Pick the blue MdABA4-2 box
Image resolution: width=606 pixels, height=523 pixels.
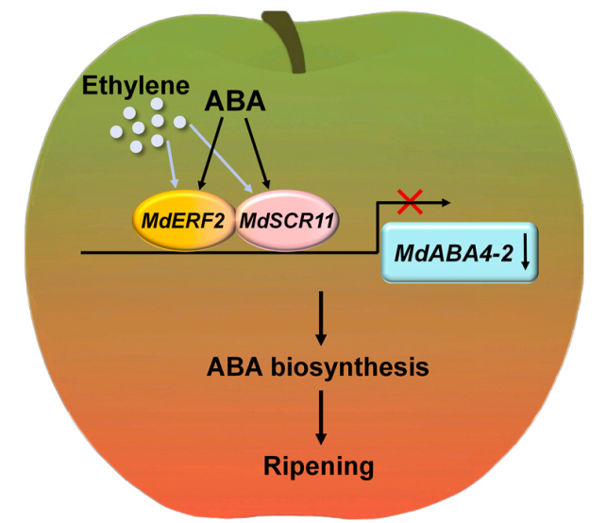click(459, 251)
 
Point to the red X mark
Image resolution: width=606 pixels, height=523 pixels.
click(408, 199)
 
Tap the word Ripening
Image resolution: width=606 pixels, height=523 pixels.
click(320, 465)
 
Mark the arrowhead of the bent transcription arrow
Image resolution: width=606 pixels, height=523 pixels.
click(445, 201)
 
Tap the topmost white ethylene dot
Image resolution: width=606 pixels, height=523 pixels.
click(156, 106)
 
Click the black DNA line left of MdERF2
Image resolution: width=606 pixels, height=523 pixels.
click(104, 252)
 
